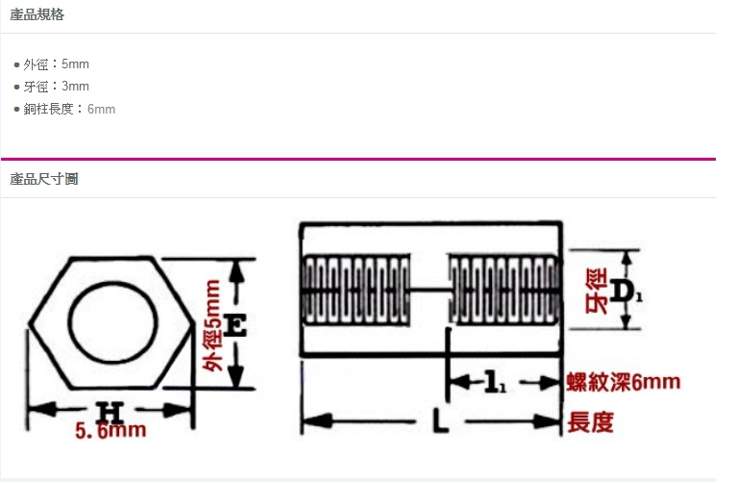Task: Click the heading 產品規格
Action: (x=37, y=14)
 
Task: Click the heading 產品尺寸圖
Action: (x=43, y=179)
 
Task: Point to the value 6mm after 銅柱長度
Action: (x=102, y=109)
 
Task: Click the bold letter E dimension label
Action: (x=234, y=325)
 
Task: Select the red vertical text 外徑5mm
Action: (x=211, y=325)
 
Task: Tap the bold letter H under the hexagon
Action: (x=110, y=412)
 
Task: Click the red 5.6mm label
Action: (x=110, y=430)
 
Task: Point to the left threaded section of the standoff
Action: (x=356, y=290)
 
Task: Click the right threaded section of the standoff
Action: (x=504, y=290)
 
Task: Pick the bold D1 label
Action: (x=626, y=292)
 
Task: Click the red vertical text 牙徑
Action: (x=597, y=291)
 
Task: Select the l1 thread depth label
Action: (x=495, y=382)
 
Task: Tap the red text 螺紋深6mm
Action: (x=624, y=382)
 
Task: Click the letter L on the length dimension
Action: (x=440, y=420)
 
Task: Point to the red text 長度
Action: (x=591, y=422)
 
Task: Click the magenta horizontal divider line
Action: (x=358, y=160)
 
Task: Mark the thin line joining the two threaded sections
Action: (x=429, y=290)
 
